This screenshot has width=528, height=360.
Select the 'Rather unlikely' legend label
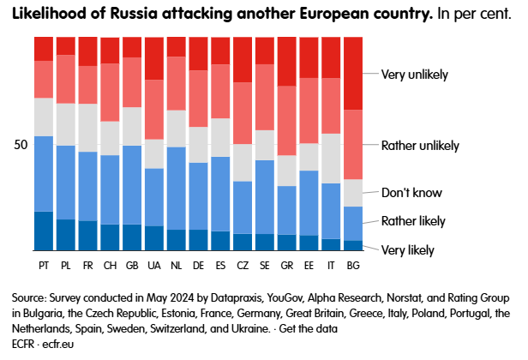point(419,146)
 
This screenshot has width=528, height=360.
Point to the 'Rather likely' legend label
point(413,221)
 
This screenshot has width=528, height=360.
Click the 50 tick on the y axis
point(21,144)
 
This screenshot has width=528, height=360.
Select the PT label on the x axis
point(44,264)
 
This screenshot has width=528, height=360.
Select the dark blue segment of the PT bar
point(44,231)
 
